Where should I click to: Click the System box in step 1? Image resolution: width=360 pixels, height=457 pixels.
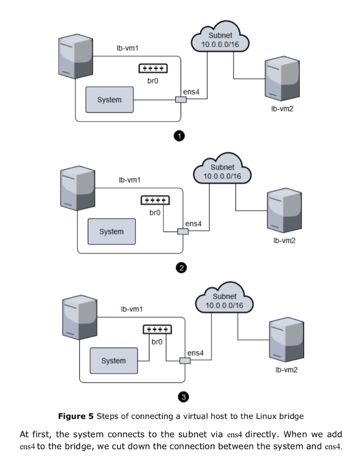[x=109, y=100]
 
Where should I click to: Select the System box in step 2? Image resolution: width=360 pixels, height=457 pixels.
[x=112, y=232]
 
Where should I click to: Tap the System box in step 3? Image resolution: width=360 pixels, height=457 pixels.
[x=113, y=361]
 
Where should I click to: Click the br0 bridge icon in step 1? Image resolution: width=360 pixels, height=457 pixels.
[x=153, y=68]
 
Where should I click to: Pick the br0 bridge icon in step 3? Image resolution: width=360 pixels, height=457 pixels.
[x=157, y=329]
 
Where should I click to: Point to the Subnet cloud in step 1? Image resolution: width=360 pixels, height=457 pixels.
[x=219, y=40]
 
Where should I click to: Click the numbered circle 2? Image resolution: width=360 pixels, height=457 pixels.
[x=181, y=268]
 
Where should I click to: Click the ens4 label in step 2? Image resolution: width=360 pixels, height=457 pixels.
[x=193, y=224]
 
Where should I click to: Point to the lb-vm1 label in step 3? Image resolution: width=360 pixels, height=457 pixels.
[x=132, y=309]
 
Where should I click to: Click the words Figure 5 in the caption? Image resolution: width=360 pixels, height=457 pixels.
[x=76, y=416]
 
